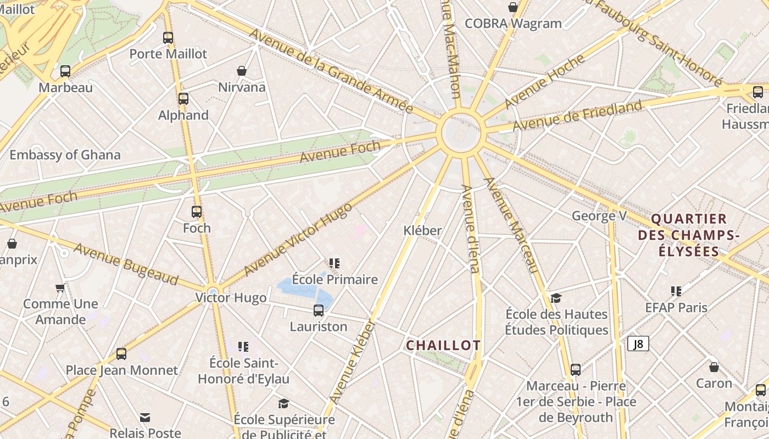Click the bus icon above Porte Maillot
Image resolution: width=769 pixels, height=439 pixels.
point(168,38)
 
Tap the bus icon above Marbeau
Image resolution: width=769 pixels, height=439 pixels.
point(65,71)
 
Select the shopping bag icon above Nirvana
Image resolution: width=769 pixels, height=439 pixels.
point(241,71)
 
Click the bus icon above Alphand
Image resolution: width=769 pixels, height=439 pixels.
point(183,99)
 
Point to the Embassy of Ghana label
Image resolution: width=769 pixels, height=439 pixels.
point(65,155)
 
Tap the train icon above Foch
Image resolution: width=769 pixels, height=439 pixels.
point(197,212)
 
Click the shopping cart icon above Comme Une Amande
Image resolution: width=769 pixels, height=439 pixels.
point(60,288)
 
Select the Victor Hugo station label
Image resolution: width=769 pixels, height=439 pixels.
point(231,298)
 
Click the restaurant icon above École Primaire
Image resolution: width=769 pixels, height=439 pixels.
point(335,263)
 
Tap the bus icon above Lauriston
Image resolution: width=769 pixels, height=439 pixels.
point(319,311)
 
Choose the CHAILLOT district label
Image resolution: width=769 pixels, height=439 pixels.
point(443,345)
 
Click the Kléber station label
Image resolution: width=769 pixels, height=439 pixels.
point(422,230)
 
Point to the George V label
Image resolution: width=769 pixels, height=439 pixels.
point(599,216)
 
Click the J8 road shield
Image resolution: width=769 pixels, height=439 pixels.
point(638,344)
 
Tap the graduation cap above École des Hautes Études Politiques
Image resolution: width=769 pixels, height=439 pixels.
point(556,298)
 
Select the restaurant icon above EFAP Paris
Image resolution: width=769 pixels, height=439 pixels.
point(676,291)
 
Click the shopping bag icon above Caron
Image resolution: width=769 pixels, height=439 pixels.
point(714,367)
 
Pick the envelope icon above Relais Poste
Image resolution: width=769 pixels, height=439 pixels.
point(145,418)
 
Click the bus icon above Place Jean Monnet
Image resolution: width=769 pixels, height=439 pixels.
point(121,354)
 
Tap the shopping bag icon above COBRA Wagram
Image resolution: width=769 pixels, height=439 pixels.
point(513,7)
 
